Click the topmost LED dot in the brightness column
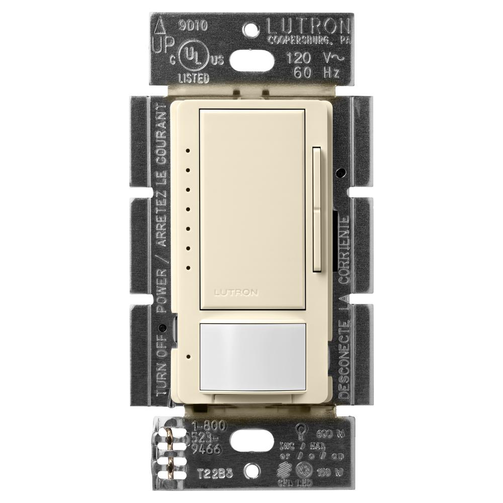(x=188, y=150)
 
